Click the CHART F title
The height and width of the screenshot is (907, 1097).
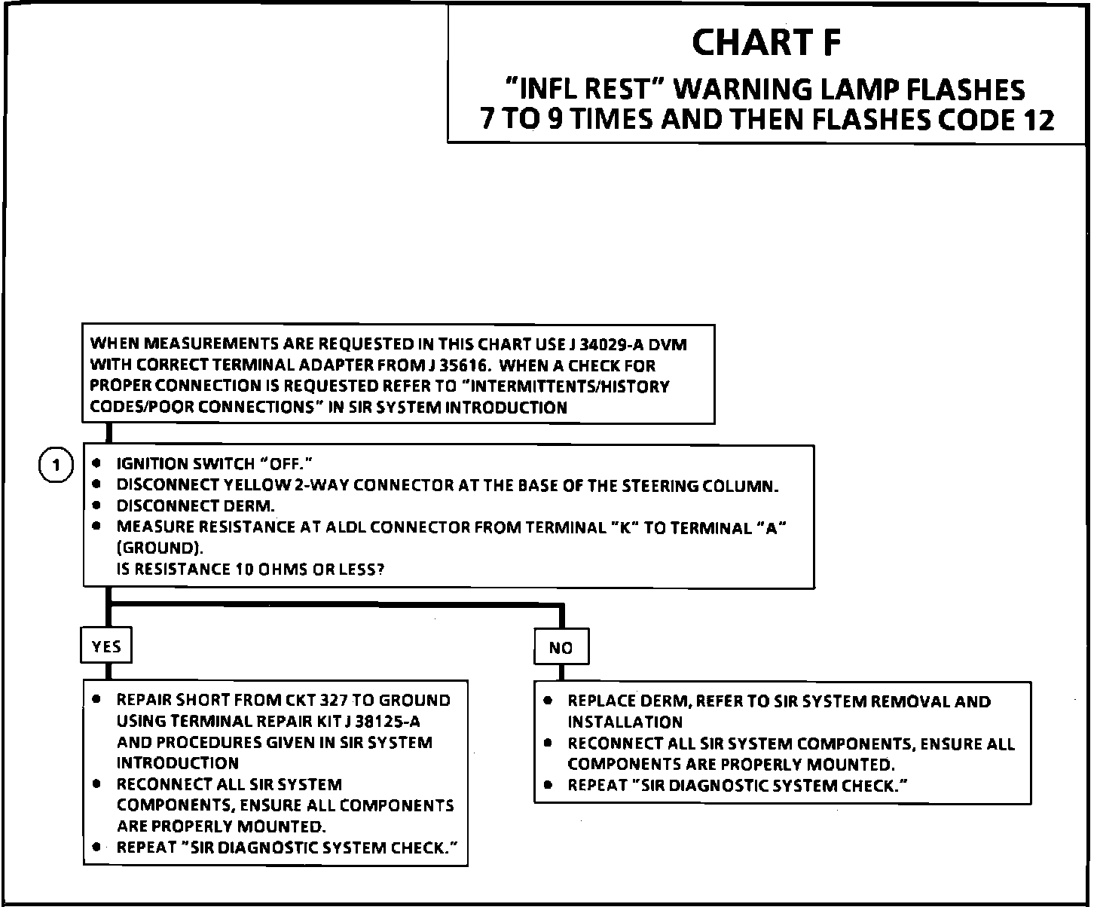pyautogui.click(x=765, y=43)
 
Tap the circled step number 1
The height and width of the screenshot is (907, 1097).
pyautogui.click(x=55, y=466)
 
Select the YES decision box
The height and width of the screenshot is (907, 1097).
pyautogui.click(x=105, y=646)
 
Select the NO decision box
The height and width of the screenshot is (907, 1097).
pyautogui.click(x=561, y=648)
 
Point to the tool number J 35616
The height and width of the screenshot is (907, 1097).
pyautogui.click(x=449, y=366)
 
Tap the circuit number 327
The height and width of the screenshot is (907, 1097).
pyautogui.click(x=334, y=701)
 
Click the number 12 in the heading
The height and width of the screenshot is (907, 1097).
pyautogui.click(x=1039, y=121)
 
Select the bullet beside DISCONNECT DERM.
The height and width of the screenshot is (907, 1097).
pyautogui.click(x=96, y=505)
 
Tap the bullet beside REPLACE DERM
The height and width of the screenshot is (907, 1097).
pyautogui.click(x=548, y=701)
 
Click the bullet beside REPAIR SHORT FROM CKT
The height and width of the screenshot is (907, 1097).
pyautogui.click(x=96, y=699)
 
